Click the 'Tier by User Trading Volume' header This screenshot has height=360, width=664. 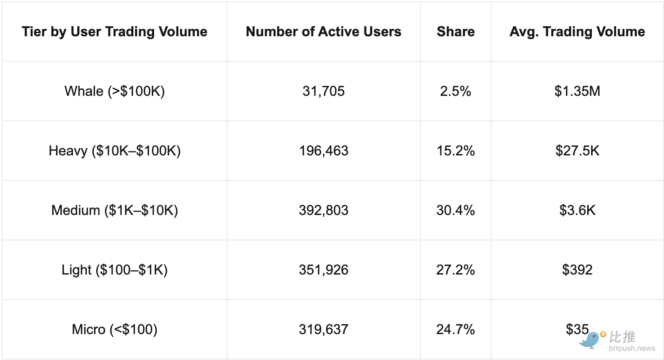click(x=114, y=32)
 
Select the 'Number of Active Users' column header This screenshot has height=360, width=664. click(x=323, y=32)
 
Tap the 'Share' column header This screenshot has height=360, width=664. click(x=455, y=32)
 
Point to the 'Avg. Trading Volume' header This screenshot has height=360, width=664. click(x=577, y=32)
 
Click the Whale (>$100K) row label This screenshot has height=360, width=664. click(x=114, y=91)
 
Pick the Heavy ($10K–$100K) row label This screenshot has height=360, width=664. click(x=114, y=151)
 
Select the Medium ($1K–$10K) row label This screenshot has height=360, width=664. click(x=114, y=210)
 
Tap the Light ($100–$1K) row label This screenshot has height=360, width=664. click(x=114, y=270)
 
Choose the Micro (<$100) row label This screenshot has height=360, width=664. click(x=114, y=329)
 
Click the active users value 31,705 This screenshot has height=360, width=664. click(x=323, y=91)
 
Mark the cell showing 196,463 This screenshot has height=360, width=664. click(x=323, y=151)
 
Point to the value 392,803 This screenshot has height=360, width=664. click(x=323, y=210)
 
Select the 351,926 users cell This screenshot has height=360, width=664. click(x=323, y=270)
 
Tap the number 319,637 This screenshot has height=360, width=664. click(x=323, y=329)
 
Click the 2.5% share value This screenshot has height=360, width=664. click(x=455, y=91)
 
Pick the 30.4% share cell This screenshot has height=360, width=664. click(x=455, y=210)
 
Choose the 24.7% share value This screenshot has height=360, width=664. click(x=455, y=329)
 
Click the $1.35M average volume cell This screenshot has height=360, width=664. click(x=577, y=91)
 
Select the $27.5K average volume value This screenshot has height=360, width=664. click(x=577, y=151)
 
